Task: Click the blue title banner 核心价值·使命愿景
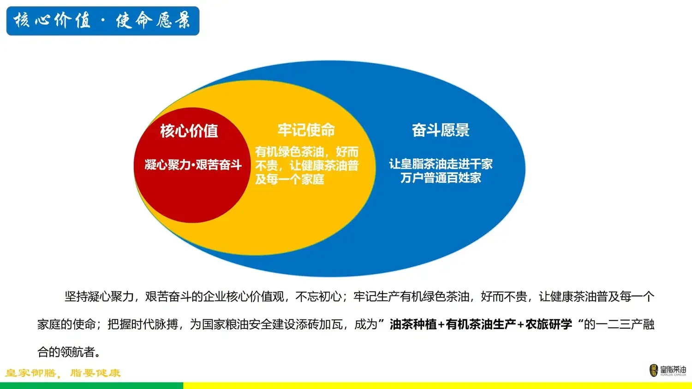(103, 21)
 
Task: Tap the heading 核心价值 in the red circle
(189, 131)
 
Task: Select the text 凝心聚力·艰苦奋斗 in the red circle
(193, 165)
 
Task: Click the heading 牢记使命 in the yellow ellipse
(306, 130)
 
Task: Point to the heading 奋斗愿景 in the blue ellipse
(441, 130)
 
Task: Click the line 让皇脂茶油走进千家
(441, 164)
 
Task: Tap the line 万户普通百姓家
(441, 178)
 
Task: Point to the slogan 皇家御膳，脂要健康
(63, 373)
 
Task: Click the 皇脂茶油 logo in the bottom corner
(668, 370)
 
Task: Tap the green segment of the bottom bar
(91, 386)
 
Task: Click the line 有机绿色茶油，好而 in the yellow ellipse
(307, 152)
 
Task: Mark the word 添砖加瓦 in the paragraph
(320, 324)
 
